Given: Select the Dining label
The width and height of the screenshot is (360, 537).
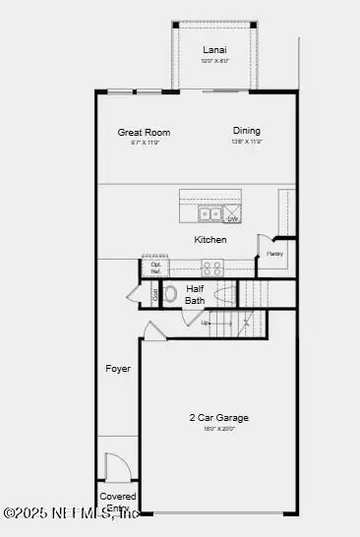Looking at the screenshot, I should (246, 131).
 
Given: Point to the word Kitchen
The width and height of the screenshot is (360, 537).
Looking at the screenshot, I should (210, 240).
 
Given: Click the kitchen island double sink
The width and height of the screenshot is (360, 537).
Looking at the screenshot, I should (210, 214).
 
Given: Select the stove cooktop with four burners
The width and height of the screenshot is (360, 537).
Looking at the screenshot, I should (211, 266).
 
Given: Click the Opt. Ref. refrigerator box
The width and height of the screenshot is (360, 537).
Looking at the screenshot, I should (156, 267).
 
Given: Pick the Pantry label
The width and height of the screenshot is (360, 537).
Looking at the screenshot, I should (274, 254).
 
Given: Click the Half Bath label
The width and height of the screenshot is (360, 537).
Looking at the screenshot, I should (196, 295).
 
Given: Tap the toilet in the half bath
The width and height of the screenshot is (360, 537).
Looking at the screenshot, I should (169, 293).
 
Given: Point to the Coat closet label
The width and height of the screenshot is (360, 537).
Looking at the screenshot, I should (154, 294).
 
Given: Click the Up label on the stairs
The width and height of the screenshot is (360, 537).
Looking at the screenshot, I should (206, 322).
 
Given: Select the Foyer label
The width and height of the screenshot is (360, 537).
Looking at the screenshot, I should (118, 369).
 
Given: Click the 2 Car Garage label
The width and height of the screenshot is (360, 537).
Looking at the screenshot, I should (218, 417).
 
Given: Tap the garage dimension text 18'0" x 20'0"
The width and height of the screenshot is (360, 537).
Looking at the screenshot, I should (218, 429).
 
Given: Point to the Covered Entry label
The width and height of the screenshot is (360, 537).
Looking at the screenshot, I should (118, 502).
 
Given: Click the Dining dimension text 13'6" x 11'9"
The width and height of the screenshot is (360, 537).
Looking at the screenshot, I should (246, 143).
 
